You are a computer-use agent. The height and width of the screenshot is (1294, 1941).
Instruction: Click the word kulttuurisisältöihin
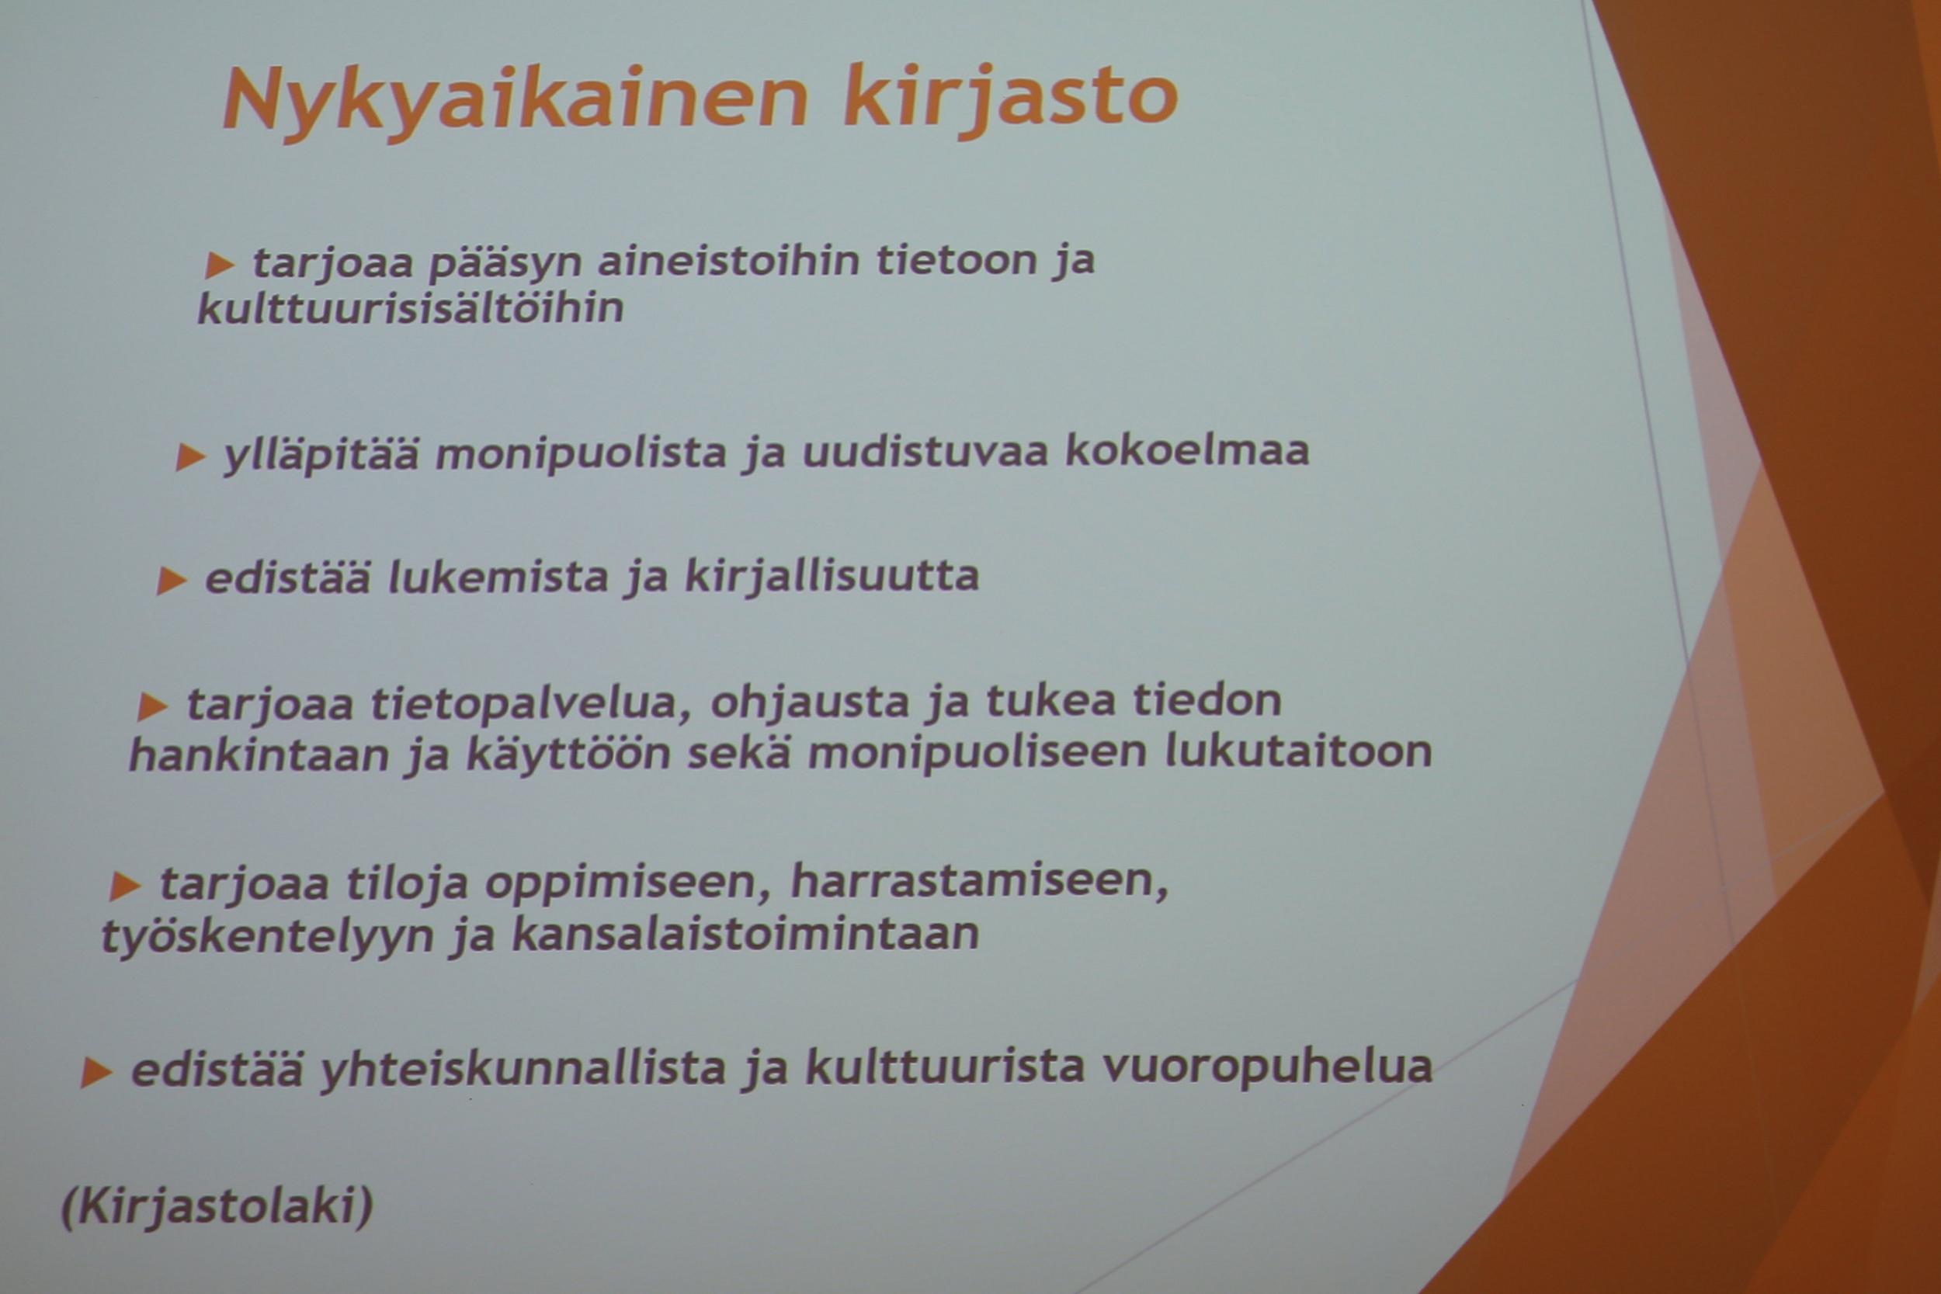click(x=410, y=309)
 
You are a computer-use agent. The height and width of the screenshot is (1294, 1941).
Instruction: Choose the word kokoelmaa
click(x=1186, y=450)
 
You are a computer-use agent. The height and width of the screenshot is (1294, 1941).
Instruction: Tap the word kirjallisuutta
click(x=832, y=576)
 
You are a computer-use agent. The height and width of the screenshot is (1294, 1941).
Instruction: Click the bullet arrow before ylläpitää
click(x=189, y=457)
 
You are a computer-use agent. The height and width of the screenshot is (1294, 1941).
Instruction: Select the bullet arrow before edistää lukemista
click(x=171, y=581)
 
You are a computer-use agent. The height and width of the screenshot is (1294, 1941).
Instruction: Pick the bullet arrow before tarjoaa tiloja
click(x=125, y=886)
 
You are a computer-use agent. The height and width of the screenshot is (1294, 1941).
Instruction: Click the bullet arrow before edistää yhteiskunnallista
click(x=95, y=1073)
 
